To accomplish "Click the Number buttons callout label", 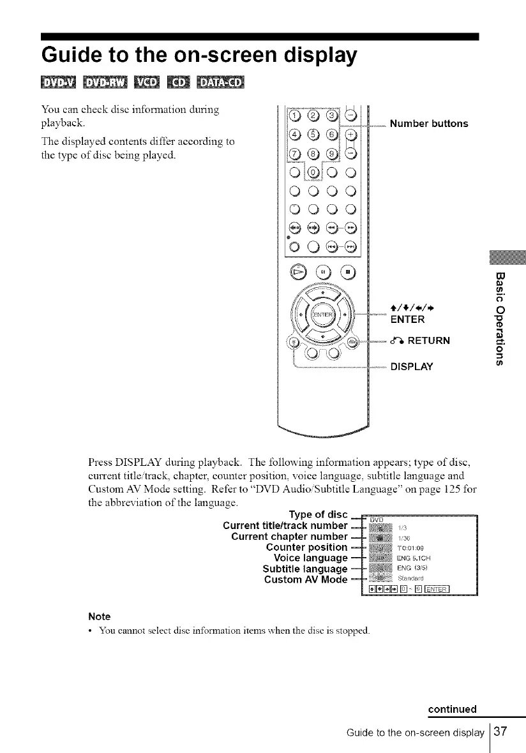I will (x=429, y=123).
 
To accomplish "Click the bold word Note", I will (x=99, y=616).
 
